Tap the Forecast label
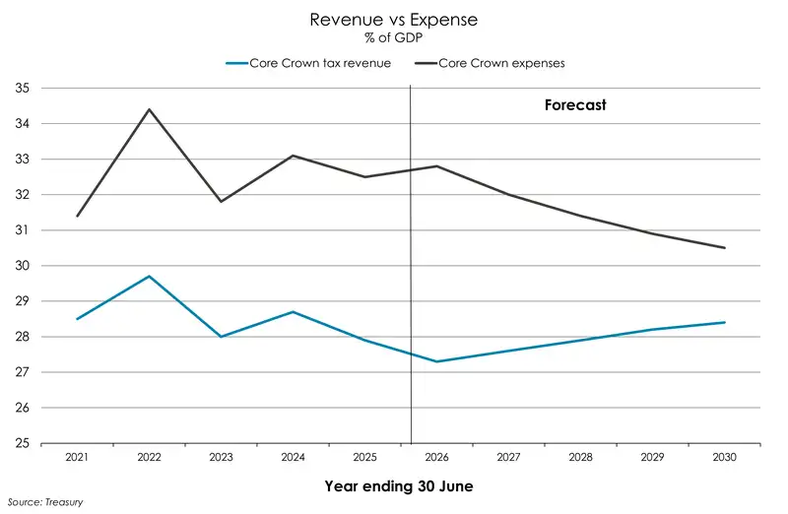tap(575, 104)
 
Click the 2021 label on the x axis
tap(77, 458)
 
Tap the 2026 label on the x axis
tap(437, 458)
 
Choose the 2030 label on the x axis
tap(725, 458)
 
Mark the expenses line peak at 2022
tap(149, 109)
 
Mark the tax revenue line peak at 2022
tap(149, 277)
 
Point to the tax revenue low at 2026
tap(437, 361)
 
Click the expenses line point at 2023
tap(221, 202)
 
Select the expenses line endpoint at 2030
tap(725, 248)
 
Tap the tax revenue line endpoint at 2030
tap(725, 322)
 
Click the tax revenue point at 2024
tap(293, 312)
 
